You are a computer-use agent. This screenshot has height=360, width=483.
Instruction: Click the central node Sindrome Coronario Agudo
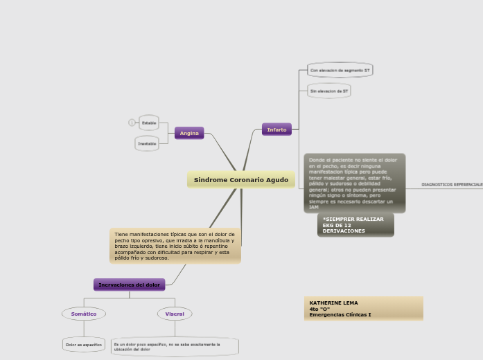240,180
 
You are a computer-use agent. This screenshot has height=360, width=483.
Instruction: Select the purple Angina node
189,133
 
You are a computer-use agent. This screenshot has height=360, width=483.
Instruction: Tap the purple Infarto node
276,129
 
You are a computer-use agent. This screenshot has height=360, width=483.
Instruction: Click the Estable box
149,123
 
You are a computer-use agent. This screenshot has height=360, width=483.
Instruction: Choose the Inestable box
147,143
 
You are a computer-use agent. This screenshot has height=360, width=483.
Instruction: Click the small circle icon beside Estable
132,123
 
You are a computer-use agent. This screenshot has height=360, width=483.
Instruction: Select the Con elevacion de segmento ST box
340,71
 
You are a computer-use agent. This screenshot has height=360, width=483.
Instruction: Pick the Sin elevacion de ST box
329,91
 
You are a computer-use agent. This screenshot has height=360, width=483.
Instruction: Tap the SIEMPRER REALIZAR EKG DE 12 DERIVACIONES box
355,225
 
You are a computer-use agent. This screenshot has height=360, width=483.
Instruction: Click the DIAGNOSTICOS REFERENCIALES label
452,185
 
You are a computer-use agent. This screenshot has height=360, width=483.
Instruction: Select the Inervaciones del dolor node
129,285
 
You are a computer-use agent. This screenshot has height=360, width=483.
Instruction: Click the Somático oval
84,314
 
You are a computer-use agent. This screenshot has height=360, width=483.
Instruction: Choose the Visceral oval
175,314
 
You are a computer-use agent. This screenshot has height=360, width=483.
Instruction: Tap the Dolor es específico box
84,344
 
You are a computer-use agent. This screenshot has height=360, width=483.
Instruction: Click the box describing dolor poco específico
175,346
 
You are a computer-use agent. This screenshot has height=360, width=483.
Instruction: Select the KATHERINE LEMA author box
363,309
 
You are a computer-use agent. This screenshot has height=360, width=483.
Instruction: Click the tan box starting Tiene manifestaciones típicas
175,246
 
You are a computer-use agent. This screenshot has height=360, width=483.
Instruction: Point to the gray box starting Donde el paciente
354,183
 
